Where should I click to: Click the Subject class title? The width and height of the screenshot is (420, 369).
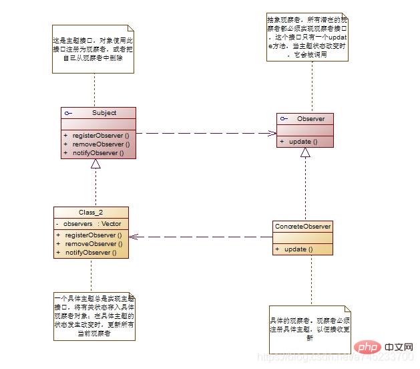[103, 113]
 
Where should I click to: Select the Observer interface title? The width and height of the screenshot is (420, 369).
[310, 119]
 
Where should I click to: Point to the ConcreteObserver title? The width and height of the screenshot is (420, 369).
[302, 227]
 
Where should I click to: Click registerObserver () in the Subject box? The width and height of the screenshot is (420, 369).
[100, 135]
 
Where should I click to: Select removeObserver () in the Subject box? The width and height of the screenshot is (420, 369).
[101, 144]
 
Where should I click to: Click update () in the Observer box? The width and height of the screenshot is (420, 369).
[298, 142]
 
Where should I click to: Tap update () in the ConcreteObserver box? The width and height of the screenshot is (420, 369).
[298, 249]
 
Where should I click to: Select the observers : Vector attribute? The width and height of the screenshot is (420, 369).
[88, 223]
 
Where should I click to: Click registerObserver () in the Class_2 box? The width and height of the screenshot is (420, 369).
[93, 235]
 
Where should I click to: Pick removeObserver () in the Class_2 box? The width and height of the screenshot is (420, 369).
[93, 244]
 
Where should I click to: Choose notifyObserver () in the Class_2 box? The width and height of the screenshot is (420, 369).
[90, 253]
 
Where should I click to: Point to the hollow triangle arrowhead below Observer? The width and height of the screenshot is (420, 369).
[305, 152]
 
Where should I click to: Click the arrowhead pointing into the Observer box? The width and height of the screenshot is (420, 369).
[273, 133]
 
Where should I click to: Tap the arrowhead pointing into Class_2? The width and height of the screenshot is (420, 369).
[133, 237]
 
